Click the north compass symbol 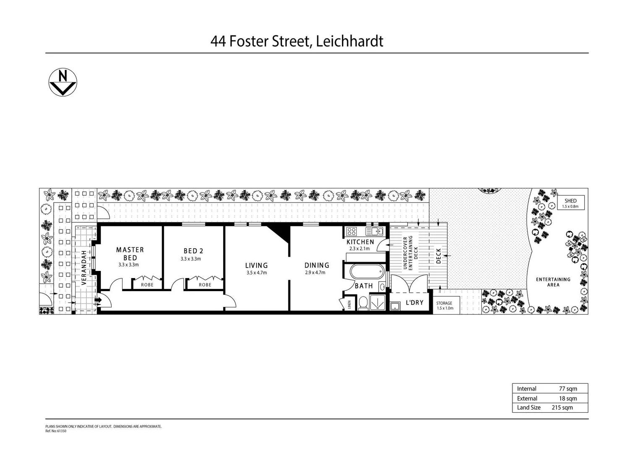point(63,82)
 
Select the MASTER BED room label point(130,254)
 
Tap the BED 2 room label point(193,251)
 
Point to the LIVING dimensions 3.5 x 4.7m point(256,273)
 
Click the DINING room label point(316,265)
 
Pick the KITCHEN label point(360,242)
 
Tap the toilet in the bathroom point(363,303)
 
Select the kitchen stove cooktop point(352,231)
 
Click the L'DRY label point(414,302)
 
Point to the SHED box point(570,203)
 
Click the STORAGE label point(444,303)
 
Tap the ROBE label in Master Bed point(147,285)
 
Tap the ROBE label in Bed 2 point(205,285)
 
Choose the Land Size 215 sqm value point(562,407)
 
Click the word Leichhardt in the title point(349,41)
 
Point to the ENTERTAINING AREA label point(553,282)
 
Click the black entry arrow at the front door point(99,300)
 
